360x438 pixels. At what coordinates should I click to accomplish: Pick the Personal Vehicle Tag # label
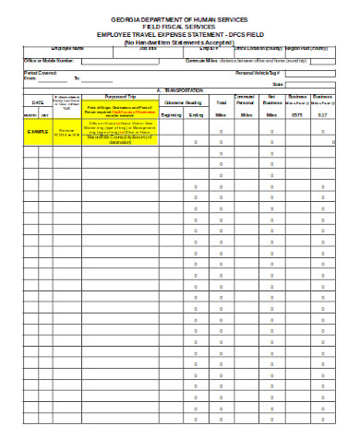[x=258, y=72]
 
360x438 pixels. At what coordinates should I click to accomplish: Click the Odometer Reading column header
[x=183, y=102]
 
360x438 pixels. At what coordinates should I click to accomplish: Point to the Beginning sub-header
[x=172, y=115]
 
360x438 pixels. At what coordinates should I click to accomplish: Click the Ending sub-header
[x=196, y=115]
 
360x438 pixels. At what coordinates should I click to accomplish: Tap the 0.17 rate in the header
[x=322, y=115]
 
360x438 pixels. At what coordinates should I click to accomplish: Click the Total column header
[x=222, y=102]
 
